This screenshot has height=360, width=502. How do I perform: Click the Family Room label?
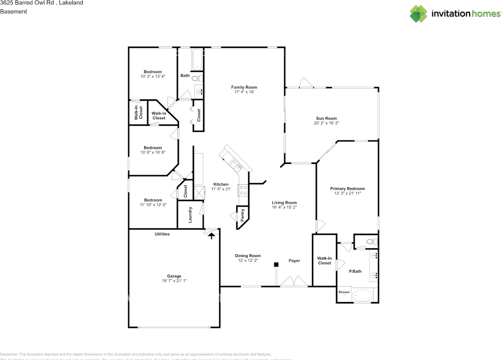(244, 87)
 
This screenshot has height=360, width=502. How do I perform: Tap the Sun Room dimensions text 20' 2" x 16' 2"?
(326, 123)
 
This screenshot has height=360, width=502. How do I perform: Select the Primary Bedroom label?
(347, 189)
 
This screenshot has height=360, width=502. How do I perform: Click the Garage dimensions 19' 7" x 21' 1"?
(174, 281)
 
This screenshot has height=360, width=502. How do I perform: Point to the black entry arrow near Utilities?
(212, 235)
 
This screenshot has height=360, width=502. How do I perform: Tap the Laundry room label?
(190, 215)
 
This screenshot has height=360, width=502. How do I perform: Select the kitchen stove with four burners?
(243, 190)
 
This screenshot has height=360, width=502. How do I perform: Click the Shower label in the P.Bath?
(344, 292)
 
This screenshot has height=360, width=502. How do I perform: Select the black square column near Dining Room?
(276, 265)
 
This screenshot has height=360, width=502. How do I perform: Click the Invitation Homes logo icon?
(418, 14)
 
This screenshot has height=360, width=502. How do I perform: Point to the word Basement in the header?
(13, 11)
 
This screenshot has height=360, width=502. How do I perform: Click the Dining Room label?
(248, 256)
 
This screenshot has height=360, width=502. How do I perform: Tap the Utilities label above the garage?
(162, 234)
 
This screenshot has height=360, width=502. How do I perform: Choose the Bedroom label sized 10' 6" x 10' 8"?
(153, 148)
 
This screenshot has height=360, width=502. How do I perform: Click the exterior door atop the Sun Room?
(305, 83)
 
